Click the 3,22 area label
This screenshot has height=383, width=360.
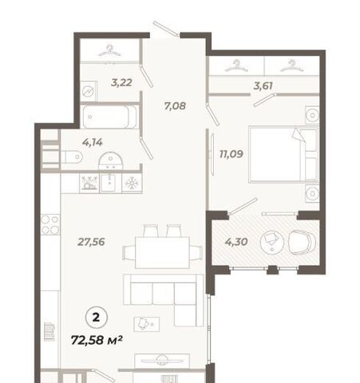click(x=121, y=83)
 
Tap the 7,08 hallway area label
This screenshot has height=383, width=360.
click(x=175, y=106)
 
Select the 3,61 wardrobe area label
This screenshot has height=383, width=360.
click(x=263, y=86)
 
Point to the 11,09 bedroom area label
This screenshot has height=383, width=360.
click(x=231, y=154)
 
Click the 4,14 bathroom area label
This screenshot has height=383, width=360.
click(x=92, y=143)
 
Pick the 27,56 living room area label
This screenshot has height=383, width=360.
click(x=91, y=242)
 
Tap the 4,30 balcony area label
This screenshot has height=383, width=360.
click(x=236, y=242)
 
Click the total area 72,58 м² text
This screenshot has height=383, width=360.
click(x=97, y=340)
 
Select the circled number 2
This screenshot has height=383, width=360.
click(x=97, y=318)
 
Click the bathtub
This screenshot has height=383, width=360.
click(x=109, y=116)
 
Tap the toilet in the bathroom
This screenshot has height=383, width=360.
click(x=72, y=157)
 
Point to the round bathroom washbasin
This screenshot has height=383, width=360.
click(x=110, y=160)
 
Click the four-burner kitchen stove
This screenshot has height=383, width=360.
click(x=50, y=224)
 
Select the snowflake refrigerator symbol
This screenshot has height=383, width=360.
click(x=132, y=184)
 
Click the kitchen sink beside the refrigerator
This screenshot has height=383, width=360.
click(x=109, y=183)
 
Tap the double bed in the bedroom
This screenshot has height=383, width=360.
click(x=283, y=155)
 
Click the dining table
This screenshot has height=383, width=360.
click(x=162, y=252)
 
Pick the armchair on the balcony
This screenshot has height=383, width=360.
click(x=303, y=243)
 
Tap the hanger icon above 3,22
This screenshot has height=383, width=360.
click(x=109, y=51)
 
